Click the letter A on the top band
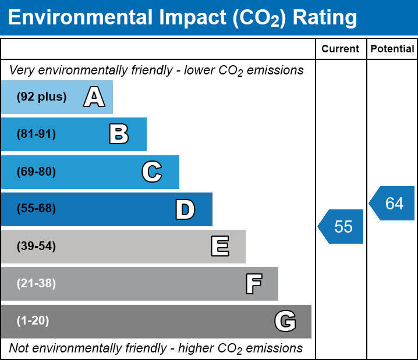coord(94,97)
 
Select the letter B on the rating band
coord(119,134)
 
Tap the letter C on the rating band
coord(151,172)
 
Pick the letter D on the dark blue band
coord(185,209)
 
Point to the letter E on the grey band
coord(219,247)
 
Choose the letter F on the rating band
coord(253,284)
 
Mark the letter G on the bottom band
coord(285,321)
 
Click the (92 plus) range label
coord(41,97)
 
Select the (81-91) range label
coord(36,134)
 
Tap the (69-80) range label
coord(36,172)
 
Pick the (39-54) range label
coord(36,247)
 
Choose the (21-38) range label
coord(36,284)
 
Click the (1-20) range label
coord(33,321)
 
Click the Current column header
coord(341,49)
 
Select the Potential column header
coord(392,49)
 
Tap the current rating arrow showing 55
coord(342,226)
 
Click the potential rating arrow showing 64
coord(393,204)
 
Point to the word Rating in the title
coord(324,18)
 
